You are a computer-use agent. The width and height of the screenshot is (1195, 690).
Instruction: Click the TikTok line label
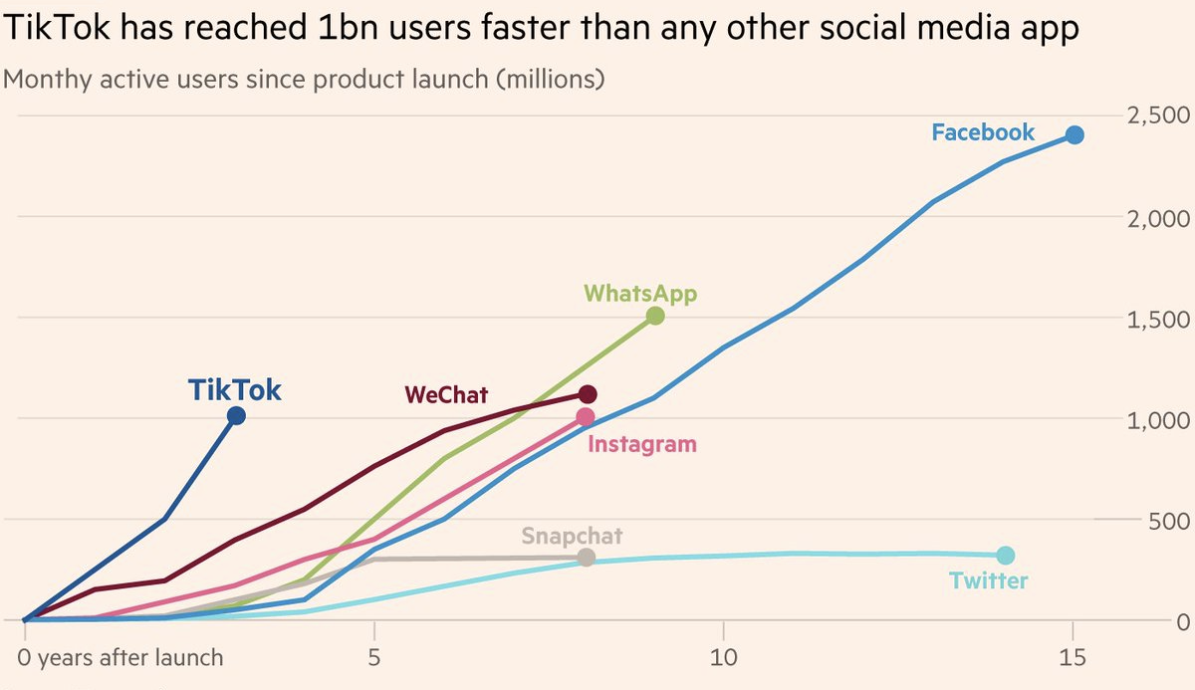pyautogui.click(x=235, y=390)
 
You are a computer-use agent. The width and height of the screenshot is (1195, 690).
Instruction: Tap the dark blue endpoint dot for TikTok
pyautogui.click(x=236, y=416)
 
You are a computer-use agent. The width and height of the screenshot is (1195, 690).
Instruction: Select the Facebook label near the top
pyautogui.click(x=983, y=132)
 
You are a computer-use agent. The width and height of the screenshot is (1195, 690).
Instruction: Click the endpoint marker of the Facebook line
pyautogui.click(x=1075, y=135)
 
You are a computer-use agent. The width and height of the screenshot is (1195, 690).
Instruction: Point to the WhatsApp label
pyautogui.click(x=640, y=294)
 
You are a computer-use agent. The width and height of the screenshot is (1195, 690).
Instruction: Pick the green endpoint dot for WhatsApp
pyautogui.click(x=655, y=316)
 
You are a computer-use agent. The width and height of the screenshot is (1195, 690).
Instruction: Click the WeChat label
pyautogui.click(x=446, y=395)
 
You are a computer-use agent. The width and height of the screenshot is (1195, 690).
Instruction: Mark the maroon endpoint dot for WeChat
pyautogui.click(x=588, y=394)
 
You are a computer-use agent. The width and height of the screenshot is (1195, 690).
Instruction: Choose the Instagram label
pyautogui.click(x=642, y=444)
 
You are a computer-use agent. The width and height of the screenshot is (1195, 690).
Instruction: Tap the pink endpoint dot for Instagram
pyautogui.click(x=586, y=417)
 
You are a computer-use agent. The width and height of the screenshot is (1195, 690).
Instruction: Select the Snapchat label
pyautogui.click(x=572, y=536)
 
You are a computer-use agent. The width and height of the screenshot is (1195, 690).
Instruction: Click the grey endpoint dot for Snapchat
pyautogui.click(x=587, y=557)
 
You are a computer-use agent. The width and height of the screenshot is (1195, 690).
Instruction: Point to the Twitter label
pyautogui.click(x=988, y=580)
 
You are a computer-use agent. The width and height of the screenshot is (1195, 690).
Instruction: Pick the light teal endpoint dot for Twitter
pyautogui.click(x=1005, y=556)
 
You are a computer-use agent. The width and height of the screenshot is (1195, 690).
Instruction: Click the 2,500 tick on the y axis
pyautogui.click(x=1157, y=115)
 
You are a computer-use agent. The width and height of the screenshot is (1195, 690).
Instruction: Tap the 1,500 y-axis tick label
pyautogui.click(x=1157, y=319)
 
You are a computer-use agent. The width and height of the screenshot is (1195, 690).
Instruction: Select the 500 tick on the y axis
pyautogui.click(x=1170, y=520)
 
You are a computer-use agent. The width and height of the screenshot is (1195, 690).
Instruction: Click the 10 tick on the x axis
pyautogui.click(x=723, y=658)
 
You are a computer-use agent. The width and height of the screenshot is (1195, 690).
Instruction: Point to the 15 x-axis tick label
pyautogui.click(x=1073, y=658)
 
